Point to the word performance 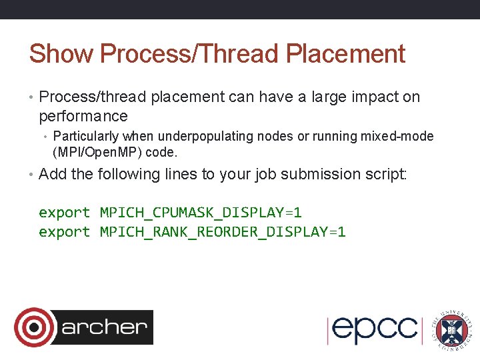click(83, 117)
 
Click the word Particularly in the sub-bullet click(83, 137)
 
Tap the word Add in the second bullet click(53, 175)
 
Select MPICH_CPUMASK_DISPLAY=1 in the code click(201, 213)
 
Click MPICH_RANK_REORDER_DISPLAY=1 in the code click(223, 232)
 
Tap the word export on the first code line click(64, 213)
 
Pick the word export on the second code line click(64, 232)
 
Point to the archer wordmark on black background click(104, 327)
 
